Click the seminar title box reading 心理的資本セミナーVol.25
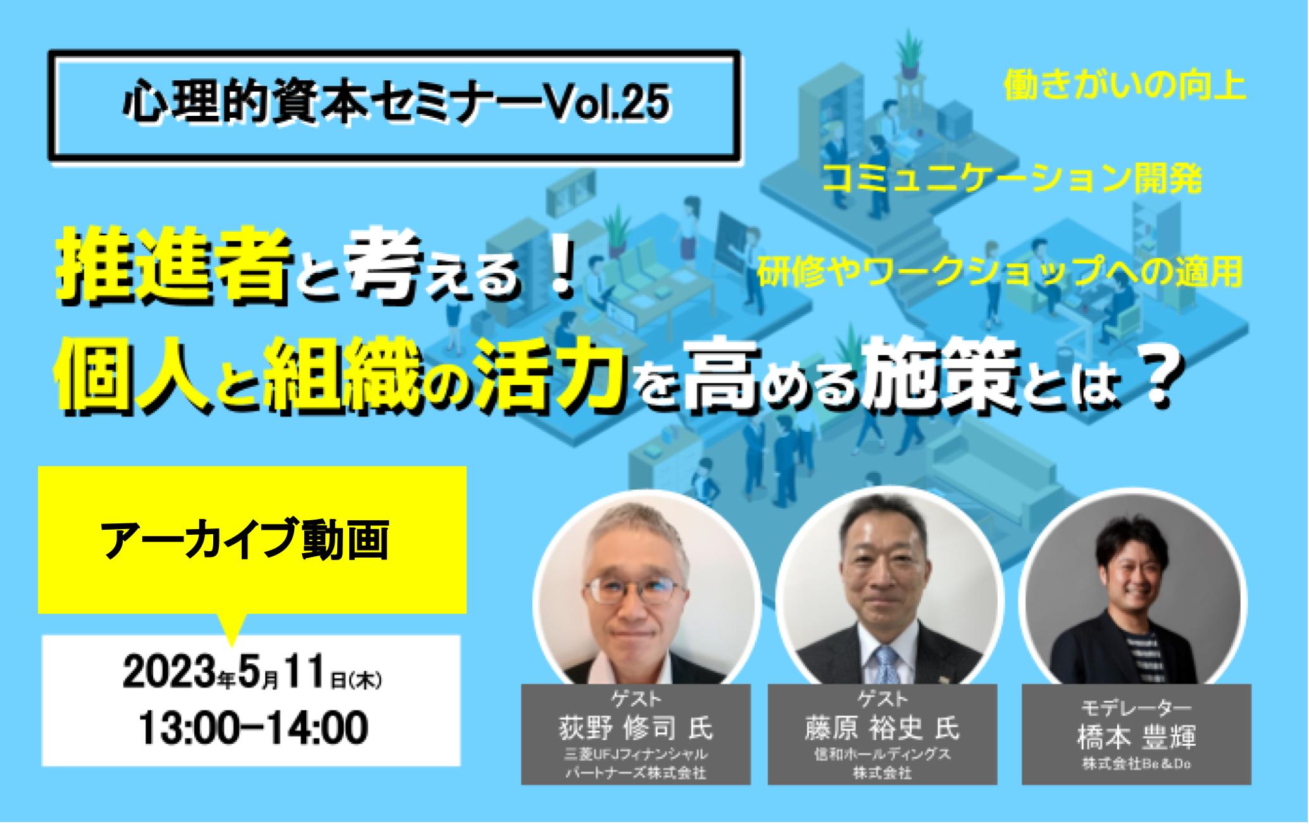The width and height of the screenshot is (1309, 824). (x=394, y=104)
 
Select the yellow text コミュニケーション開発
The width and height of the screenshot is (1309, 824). (x=1012, y=180)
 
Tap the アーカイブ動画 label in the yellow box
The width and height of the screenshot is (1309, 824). (x=245, y=540)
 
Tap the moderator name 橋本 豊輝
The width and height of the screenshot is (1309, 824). (x=1136, y=738)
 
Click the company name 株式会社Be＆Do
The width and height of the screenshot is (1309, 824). (x=1136, y=765)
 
